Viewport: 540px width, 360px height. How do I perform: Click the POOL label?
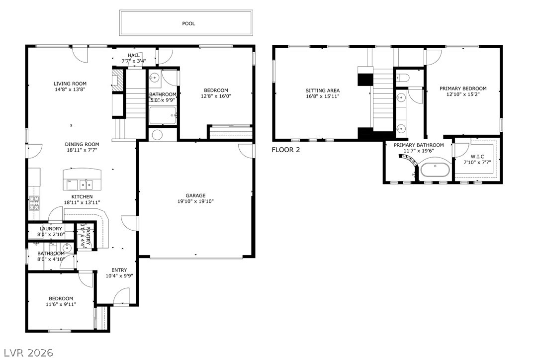pos(188,23)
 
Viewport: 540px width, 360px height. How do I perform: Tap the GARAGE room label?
pos(195,195)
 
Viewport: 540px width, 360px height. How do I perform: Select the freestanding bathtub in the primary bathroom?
pos(435,170)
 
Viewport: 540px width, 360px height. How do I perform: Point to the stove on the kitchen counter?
pos(34,202)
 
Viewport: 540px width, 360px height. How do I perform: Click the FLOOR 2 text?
pos(286,149)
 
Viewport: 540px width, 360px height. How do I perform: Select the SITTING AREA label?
pos(323,90)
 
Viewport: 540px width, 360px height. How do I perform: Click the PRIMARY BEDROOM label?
pos(463,89)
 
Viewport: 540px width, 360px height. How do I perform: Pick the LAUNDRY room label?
pos(51,229)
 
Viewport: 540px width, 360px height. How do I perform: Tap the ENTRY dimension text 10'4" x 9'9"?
pos(119,275)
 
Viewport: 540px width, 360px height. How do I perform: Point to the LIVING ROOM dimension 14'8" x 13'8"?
pos(70,90)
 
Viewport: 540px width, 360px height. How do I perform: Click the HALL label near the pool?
pos(134,55)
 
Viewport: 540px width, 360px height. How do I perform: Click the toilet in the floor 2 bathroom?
pos(402,77)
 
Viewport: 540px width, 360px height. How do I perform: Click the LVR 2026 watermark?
pos(23,353)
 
